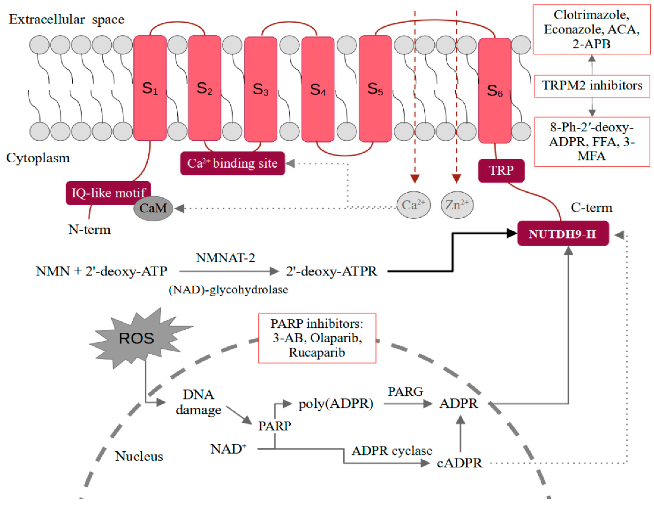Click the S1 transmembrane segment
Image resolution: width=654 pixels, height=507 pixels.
150,88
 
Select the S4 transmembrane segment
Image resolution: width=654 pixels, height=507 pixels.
318,89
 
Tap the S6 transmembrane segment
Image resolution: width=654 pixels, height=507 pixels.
495,90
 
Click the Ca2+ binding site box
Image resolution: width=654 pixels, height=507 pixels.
233,163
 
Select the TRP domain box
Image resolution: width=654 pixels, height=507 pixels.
501,171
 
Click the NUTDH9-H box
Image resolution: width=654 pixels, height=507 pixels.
563,234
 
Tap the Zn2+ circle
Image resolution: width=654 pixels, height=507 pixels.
457,205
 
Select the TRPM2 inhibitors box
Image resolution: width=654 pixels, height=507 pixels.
592,86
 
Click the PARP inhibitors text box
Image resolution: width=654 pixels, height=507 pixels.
317,338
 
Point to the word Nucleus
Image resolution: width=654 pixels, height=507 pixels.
139,456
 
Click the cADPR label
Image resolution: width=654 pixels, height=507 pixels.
460,463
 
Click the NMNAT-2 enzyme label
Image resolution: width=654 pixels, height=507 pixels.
225,258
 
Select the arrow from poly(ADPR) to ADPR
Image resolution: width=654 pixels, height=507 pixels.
408,404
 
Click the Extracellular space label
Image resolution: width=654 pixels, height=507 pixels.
66,19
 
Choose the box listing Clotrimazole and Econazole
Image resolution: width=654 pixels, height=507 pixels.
591,29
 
